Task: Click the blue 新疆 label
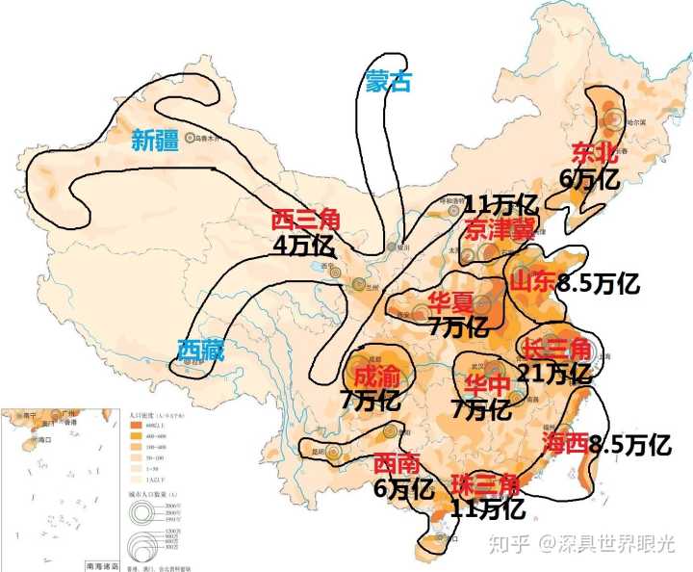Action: click(x=156, y=141)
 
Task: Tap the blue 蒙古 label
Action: click(x=389, y=82)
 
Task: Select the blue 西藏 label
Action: click(x=201, y=351)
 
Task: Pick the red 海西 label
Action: click(x=564, y=443)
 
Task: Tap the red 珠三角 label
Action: click(x=486, y=484)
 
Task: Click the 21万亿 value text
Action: click(x=553, y=372)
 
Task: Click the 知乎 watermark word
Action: click(x=509, y=546)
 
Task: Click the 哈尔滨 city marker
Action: click(x=614, y=119)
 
